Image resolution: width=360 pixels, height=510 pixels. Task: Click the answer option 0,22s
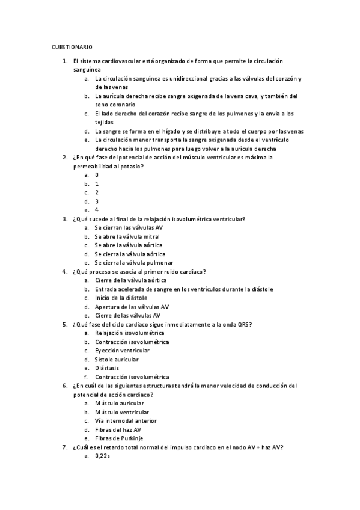(x=102, y=456)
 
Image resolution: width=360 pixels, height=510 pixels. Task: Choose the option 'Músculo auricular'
(x=119, y=403)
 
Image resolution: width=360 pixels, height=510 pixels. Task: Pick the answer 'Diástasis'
(x=107, y=368)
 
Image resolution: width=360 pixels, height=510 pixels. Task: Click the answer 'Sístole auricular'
(x=117, y=359)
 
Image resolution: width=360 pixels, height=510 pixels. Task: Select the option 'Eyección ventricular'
(x=122, y=351)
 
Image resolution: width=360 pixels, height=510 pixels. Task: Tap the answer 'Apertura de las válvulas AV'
(x=132, y=306)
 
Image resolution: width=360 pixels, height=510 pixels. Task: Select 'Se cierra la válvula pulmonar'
(x=134, y=263)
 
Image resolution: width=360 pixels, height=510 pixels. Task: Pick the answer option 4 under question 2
(x=96, y=210)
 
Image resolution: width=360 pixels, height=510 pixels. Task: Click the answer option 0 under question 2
(x=96, y=175)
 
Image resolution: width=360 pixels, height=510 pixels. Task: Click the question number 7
(x=64, y=447)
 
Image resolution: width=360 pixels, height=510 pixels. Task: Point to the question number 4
(x=64, y=271)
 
